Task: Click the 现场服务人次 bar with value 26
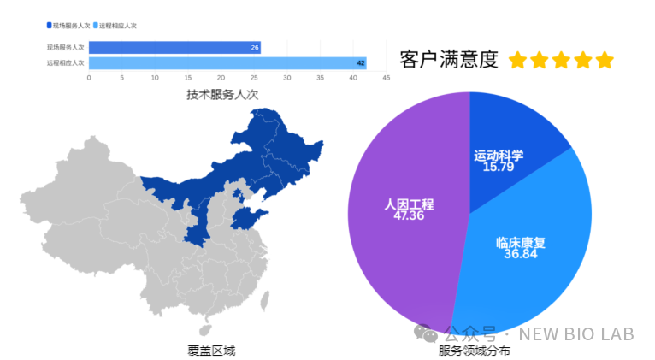pos(174,47)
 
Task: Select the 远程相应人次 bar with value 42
pos(227,62)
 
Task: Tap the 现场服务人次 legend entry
pos(69,26)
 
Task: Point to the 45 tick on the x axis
pos(386,78)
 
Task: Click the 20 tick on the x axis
pos(221,78)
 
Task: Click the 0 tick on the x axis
pos(89,78)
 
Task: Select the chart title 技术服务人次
pos(222,94)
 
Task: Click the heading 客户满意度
pos(448,59)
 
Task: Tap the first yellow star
pos(517,60)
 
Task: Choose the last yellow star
pos(605,60)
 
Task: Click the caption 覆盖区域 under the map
pos(210,350)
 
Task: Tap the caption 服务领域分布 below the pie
pos(475,351)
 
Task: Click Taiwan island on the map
pos(264,299)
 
